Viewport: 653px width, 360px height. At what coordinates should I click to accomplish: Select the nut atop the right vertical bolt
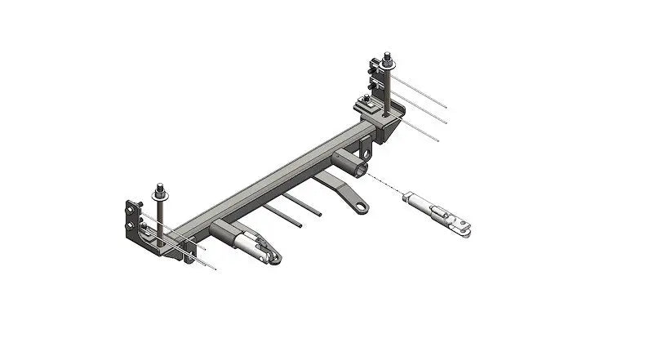pyautogui.click(x=384, y=58)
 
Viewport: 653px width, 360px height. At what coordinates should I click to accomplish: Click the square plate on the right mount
pyautogui.click(x=368, y=104)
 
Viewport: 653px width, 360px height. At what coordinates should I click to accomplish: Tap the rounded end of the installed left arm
pyautogui.click(x=275, y=258)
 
